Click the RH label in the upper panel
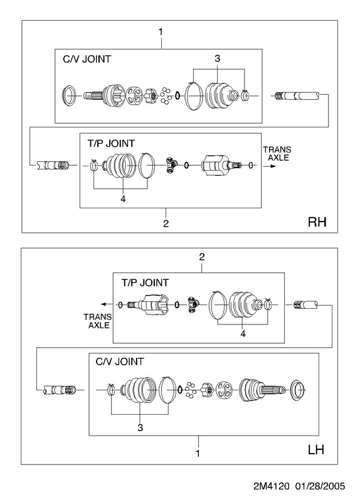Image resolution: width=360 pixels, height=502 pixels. (x=317, y=222)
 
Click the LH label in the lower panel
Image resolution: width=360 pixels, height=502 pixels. (x=316, y=449)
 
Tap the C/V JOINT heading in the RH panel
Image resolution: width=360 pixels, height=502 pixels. (x=87, y=59)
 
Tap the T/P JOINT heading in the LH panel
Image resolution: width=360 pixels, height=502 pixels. (x=145, y=283)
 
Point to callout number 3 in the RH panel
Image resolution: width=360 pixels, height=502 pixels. (x=217, y=58)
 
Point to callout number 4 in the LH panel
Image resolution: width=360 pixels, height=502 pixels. (x=243, y=334)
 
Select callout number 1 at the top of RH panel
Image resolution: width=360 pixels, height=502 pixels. (x=161, y=32)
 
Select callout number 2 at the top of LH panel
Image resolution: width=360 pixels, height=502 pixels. (x=201, y=257)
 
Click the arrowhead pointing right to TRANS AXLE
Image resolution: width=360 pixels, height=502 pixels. (x=272, y=166)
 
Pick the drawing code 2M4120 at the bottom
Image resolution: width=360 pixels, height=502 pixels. (x=272, y=486)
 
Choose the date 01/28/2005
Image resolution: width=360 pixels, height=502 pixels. (x=320, y=486)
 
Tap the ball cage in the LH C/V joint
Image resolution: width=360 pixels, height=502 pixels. (x=225, y=390)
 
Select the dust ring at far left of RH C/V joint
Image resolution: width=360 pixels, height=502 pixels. (x=69, y=95)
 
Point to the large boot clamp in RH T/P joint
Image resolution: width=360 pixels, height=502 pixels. (x=147, y=165)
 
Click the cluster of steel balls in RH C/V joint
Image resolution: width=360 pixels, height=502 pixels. (x=166, y=95)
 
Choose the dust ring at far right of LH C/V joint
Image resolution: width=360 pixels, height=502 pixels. (x=297, y=390)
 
